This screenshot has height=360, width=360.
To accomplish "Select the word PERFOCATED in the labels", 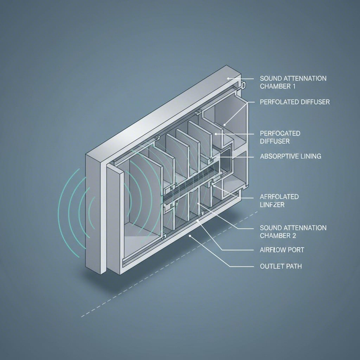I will click(280, 134).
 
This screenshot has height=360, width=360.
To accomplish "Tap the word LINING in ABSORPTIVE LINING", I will click(311, 156).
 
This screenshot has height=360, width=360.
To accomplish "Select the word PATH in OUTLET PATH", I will click(295, 266).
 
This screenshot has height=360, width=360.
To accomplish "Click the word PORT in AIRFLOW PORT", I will click(296, 250).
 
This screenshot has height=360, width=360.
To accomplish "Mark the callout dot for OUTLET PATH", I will click(190, 236).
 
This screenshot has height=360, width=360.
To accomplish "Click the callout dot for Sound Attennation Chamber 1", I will click(228, 78).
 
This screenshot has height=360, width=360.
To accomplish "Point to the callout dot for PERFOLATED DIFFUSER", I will click(225, 124).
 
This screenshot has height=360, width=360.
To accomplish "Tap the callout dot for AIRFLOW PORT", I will click(199, 220).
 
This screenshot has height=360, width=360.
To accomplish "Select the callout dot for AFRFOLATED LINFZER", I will click(213, 186).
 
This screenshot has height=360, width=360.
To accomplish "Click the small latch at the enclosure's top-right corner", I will click(243, 84).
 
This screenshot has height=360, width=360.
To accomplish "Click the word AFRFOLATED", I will click(279, 197).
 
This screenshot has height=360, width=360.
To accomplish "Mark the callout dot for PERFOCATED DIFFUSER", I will click(216, 134).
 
